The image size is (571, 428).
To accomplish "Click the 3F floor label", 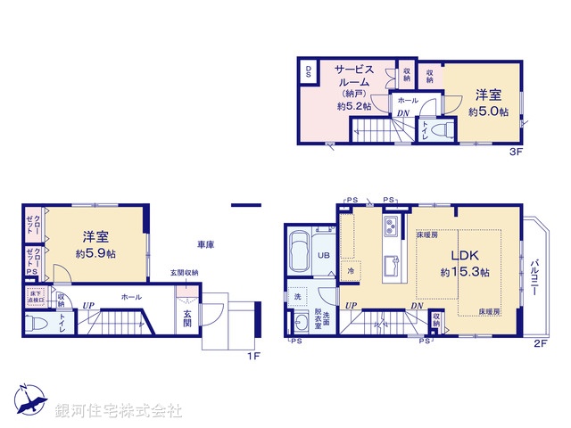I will tap(515, 152).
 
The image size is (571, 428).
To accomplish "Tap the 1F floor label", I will tap(252, 357).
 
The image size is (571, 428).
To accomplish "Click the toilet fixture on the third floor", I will tap(438, 130).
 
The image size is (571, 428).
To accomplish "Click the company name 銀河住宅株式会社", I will tap(119, 410).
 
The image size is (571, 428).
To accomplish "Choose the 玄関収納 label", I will tap(186, 273).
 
